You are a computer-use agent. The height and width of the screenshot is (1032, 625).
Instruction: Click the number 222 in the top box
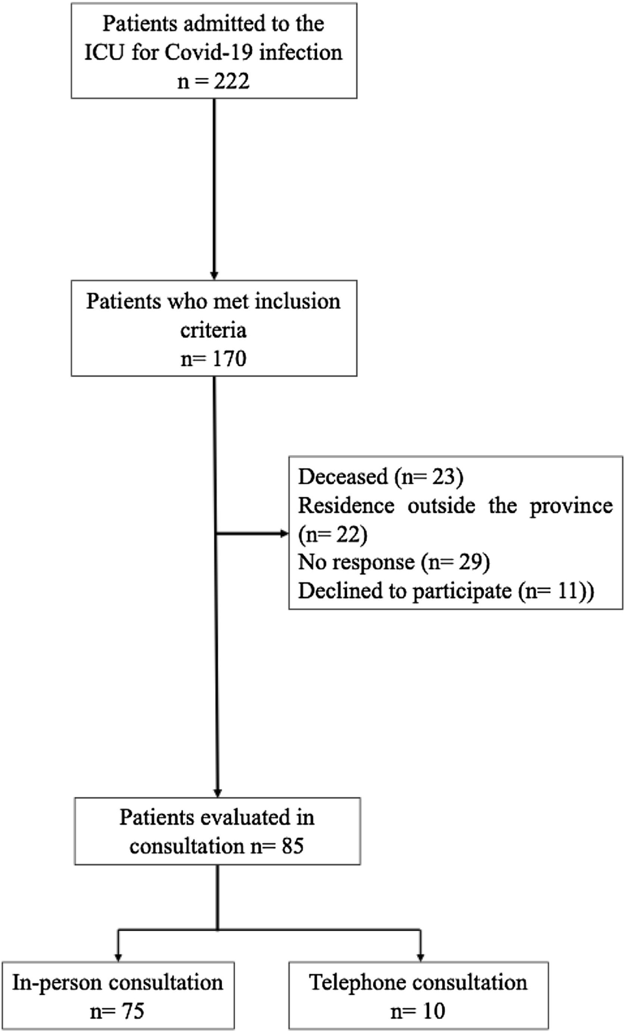[x=231, y=80]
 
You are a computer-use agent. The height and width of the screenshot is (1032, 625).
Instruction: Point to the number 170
[x=229, y=359]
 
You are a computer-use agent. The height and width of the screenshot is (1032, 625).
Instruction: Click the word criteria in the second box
[x=213, y=330]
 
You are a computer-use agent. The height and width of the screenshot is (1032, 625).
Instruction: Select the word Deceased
[x=343, y=477]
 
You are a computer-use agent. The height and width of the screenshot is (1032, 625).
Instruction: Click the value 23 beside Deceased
[x=443, y=477]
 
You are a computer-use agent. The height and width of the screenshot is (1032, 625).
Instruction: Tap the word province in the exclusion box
[x=571, y=506]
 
